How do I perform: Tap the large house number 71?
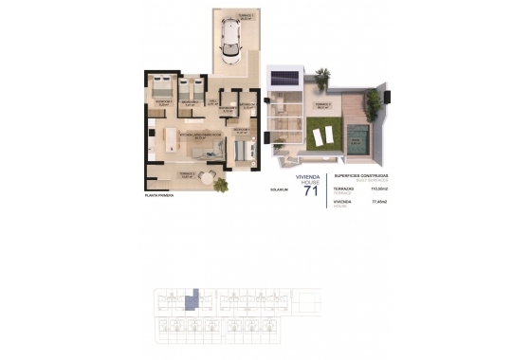[310, 194]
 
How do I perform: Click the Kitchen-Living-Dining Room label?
[201, 135]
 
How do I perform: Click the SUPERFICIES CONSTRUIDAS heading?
[361, 175]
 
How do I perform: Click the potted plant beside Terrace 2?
[221, 184]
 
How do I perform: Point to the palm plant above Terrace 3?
[322, 75]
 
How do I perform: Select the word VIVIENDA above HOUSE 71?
[309, 176]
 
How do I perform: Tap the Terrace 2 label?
[187, 173]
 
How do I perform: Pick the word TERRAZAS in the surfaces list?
[345, 189]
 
